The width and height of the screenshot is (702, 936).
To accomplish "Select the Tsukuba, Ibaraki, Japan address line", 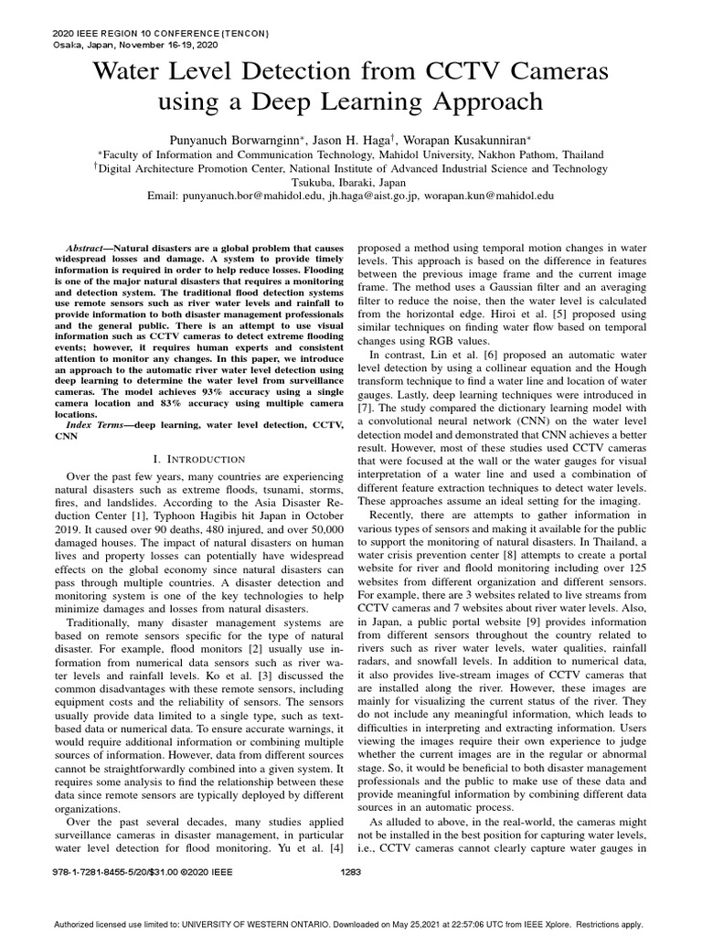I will [351, 181].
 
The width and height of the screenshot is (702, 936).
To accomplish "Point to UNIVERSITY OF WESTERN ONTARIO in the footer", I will [273, 924].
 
